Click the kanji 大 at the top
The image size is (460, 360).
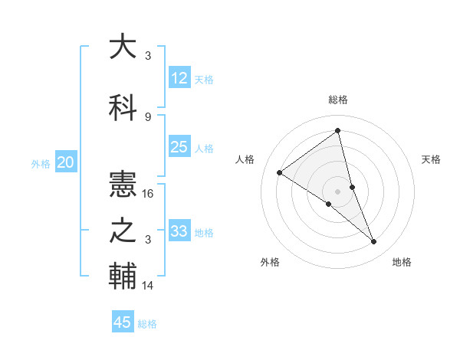pyautogui.click(x=123, y=47)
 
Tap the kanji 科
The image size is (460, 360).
pyautogui.click(x=123, y=108)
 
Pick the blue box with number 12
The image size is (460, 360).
pyautogui.click(x=179, y=78)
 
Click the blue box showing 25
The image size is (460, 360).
pyautogui.click(x=179, y=147)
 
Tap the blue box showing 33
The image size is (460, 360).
pyautogui.click(x=179, y=231)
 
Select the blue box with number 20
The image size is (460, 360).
pyautogui.click(x=66, y=162)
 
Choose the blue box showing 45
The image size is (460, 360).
pyautogui.click(x=123, y=322)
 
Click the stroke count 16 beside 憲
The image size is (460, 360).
pyautogui.click(x=149, y=194)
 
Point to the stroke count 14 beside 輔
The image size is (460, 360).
pyautogui.click(x=149, y=286)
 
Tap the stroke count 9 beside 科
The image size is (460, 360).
pyautogui.click(x=148, y=117)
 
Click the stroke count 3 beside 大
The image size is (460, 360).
pyautogui.click(x=148, y=56)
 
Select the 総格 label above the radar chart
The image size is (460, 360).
pyautogui.click(x=337, y=100)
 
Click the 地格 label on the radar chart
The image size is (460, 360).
pyautogui.click(x=402, y=262)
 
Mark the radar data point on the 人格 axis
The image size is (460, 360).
pyautogui.click(x=280, y=172)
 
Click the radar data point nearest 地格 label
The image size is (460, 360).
pyautogui.click(x=374, y=241)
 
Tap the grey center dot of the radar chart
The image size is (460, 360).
pyautogui.click(x=337, y=191)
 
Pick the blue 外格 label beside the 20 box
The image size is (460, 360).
pyautogui.click(x=41, y=163)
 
